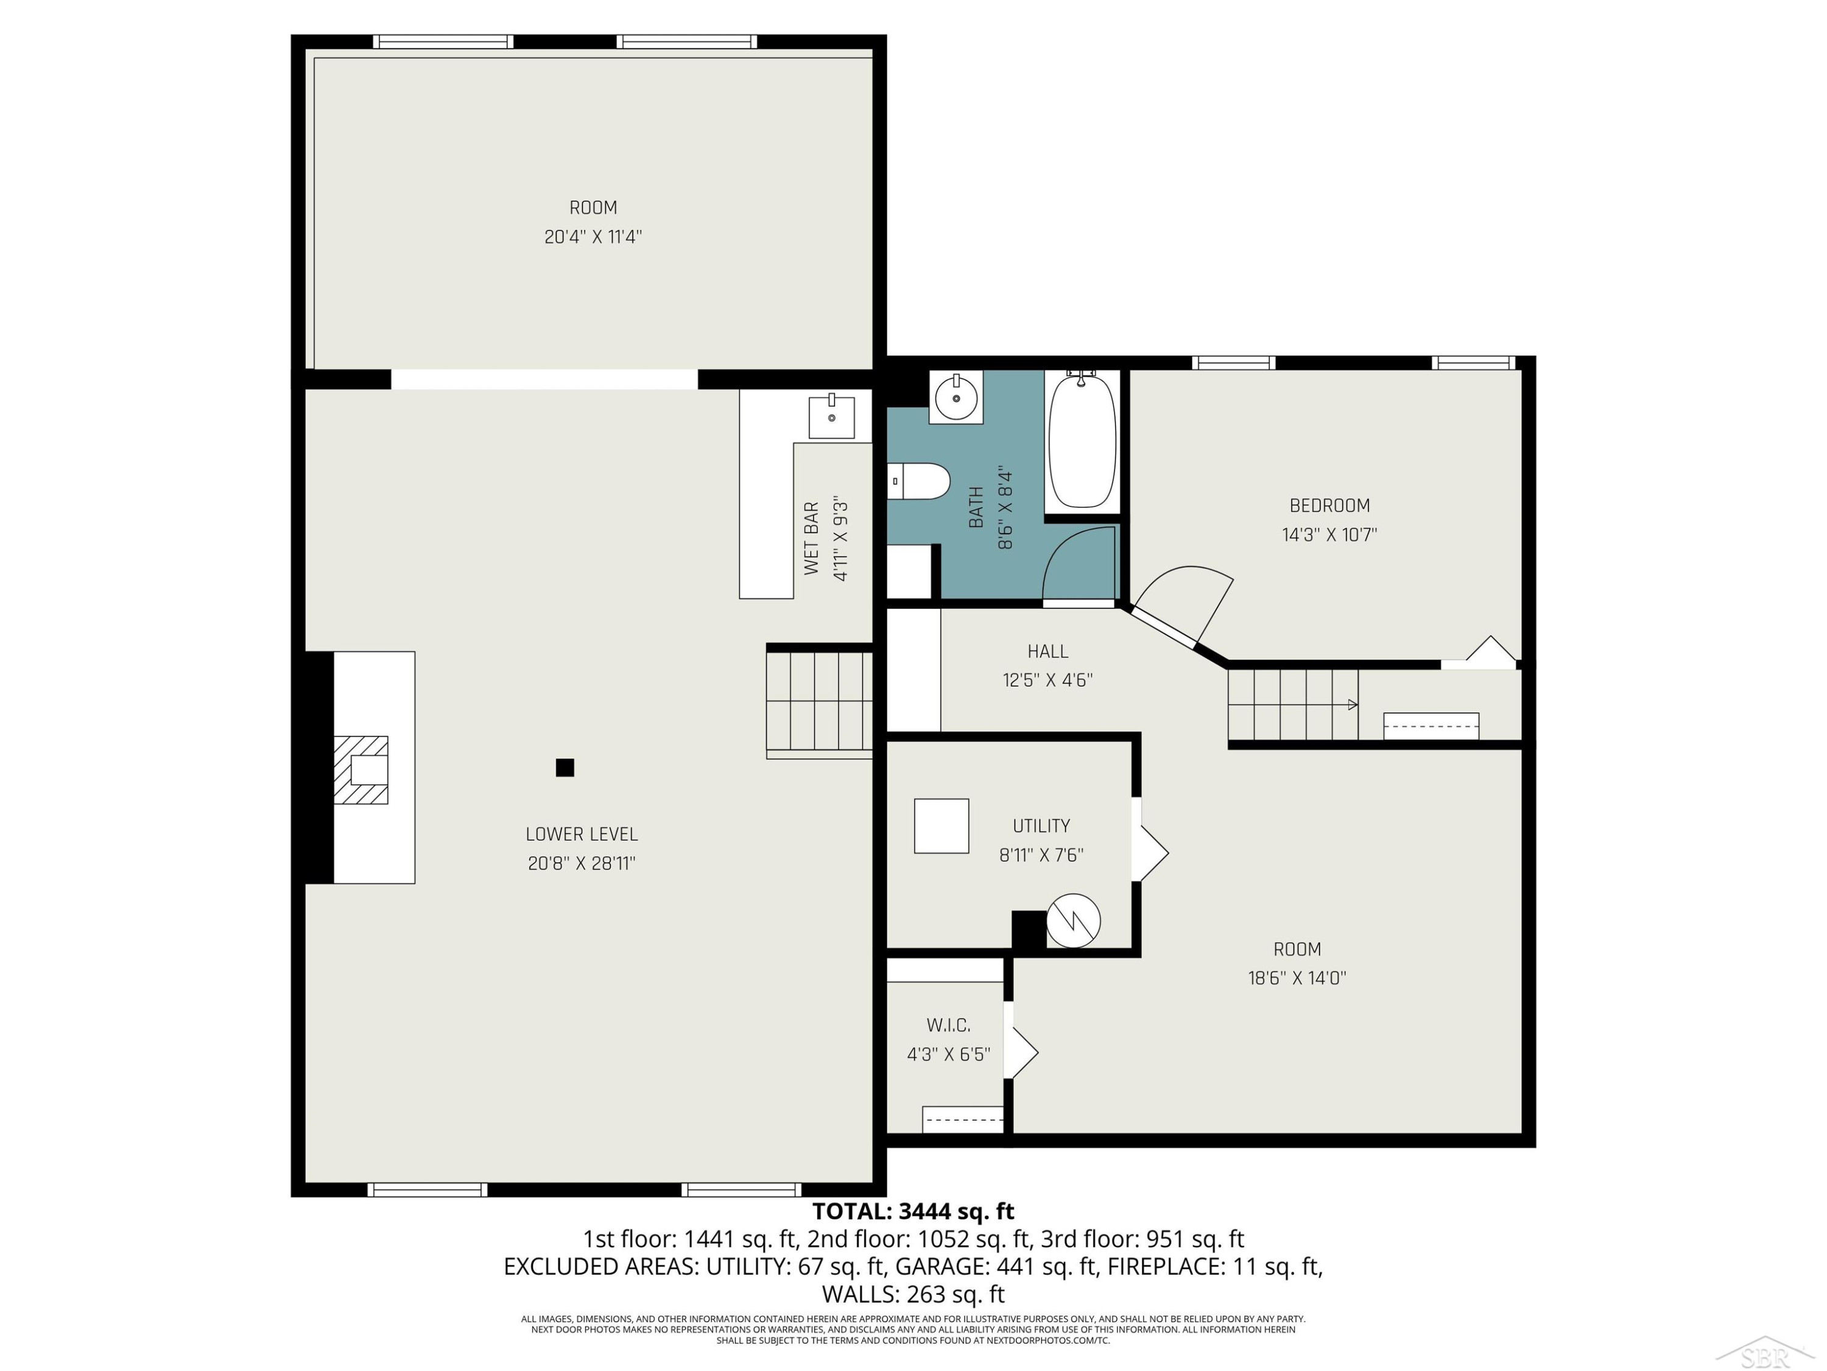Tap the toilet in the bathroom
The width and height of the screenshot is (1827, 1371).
pos(919,481)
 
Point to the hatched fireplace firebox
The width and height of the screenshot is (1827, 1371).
pos(361,770)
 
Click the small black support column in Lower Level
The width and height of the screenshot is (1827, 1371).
pos(565,768)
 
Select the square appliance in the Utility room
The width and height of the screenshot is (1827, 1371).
pos(942,826)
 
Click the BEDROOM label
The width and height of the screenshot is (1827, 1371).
pos(1330,506)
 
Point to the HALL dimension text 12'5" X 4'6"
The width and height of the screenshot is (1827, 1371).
pos(1047,680)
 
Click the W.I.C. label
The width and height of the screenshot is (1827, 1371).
pos(948,1026)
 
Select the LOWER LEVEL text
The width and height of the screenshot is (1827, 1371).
pos(582,835)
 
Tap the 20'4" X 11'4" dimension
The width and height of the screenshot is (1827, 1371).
pos(593,237)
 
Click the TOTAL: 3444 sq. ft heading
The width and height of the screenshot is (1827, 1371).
pos(913,1211)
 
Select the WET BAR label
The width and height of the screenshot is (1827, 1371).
pos(811,538)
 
